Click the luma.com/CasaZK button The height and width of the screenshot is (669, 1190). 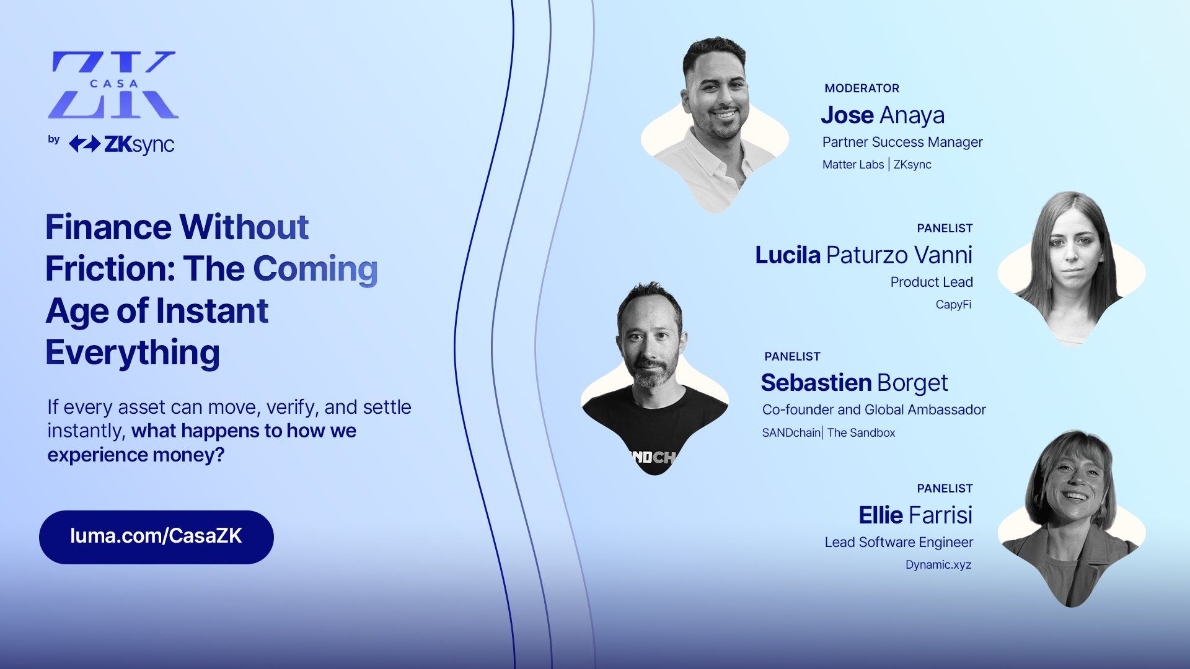click(156, 537)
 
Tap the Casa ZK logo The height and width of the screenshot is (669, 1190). click(113, 85)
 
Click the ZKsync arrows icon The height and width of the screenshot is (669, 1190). click(84, 144)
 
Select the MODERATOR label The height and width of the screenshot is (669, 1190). click(862, 89)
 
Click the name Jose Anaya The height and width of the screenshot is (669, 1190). click(883, 115)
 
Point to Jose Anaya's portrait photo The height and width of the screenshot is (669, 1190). click(715, 124)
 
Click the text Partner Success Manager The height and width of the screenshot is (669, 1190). click(902, 142)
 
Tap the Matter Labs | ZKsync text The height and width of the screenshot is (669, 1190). click(877, 165)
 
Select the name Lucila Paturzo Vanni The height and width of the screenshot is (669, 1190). click(864, 255)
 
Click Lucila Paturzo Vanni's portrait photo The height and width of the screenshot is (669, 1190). click(1072, 269)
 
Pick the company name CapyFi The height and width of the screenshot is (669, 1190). click(953, 305)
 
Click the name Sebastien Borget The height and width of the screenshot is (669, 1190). click(855, 383)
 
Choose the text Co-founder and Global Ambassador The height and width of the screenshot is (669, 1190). click(874, 410)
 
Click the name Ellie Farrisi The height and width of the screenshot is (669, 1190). click(915, 515)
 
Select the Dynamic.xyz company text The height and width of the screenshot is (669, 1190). click(938, 565)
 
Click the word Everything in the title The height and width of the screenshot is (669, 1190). click(133, 353)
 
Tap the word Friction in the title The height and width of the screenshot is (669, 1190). click(110, 269)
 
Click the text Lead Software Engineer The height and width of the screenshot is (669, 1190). click(899, 543)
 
